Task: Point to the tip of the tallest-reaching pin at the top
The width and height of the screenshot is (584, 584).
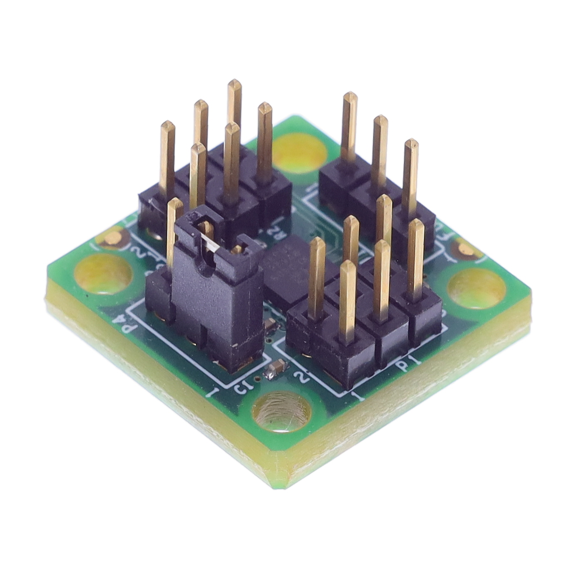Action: coord(235,82)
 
